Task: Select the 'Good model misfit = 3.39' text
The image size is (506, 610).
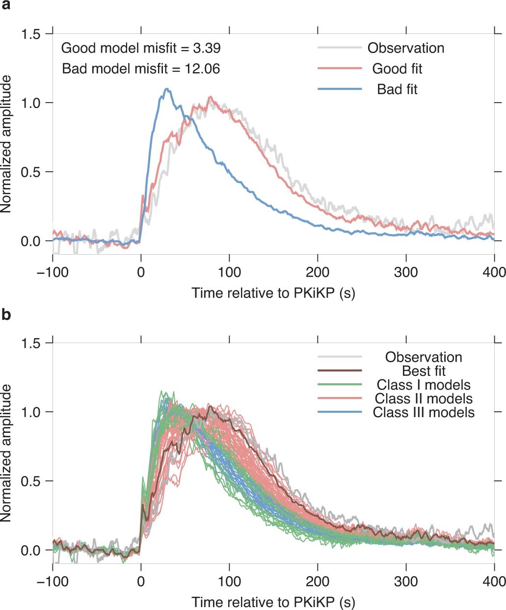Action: (x=141, y=48)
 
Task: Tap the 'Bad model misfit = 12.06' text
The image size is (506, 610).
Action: (x=141, y=68)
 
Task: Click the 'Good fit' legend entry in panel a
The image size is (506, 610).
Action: (x=397, y=68)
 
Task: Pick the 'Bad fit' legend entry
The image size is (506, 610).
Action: (x=397, y=89)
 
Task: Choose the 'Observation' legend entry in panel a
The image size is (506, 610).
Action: (x=406, y=48)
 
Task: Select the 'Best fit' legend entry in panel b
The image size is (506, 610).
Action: (x=424, y=371)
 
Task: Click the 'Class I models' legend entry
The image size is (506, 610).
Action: (x=424, y=384)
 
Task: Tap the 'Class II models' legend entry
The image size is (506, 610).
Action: (x=424, y=398)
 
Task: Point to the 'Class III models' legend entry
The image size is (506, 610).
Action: (x=424, y=412)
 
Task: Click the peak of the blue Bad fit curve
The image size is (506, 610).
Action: (x=167, y=89)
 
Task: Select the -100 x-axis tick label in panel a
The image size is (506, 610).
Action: (x=52, y=272)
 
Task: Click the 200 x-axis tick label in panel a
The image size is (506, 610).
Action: (x=318, y=272)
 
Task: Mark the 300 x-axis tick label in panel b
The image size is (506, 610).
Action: (x=406, y=582)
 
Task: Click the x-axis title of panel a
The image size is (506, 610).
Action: (x=273, y=293)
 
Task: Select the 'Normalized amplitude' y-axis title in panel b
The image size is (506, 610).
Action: (x=7, y=454)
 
